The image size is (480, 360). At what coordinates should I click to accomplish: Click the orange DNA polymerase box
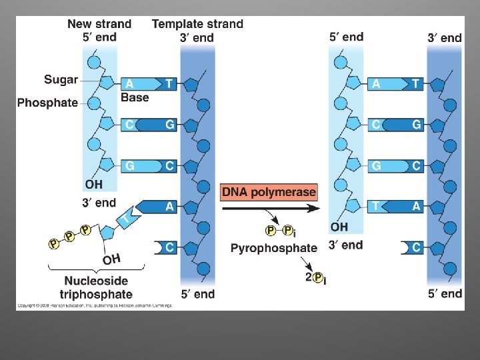coord(269,192)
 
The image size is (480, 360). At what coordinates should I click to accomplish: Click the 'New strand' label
coord(99,24)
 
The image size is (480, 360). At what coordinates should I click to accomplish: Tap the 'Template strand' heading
coord(197,24)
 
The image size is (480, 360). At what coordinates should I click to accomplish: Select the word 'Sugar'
coord(61,80)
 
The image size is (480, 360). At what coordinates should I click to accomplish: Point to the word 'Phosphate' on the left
coord(47,103)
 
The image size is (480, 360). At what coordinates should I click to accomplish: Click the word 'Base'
coord(135,98)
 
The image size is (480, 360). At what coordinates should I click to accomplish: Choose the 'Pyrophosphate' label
coord(274,248)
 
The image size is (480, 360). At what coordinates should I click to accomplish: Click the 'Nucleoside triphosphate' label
coord(97,287)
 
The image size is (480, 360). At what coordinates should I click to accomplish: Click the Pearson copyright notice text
coord(94,305)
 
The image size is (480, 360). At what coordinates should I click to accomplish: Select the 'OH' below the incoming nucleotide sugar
coord(111,257)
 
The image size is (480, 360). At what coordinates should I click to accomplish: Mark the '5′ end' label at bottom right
coord(445,293)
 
